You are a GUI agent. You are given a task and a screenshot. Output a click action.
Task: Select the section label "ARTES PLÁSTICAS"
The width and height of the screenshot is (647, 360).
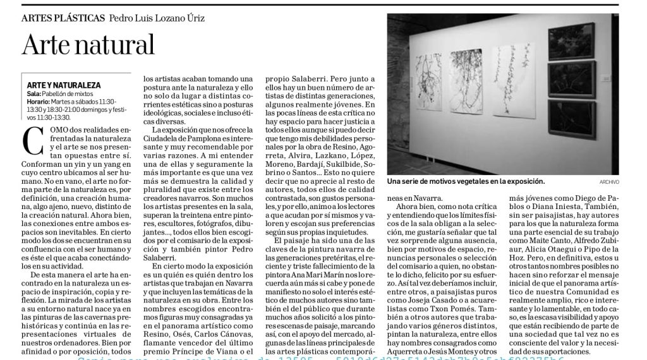(63, 18)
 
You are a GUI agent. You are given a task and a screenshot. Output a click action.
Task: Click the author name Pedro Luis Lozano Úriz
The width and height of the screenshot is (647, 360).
(157, 18)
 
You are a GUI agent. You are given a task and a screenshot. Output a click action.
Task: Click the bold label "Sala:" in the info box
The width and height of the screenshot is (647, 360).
(34, 93)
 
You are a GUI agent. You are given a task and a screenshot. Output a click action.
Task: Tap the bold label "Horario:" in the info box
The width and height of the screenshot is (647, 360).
(39, 101)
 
